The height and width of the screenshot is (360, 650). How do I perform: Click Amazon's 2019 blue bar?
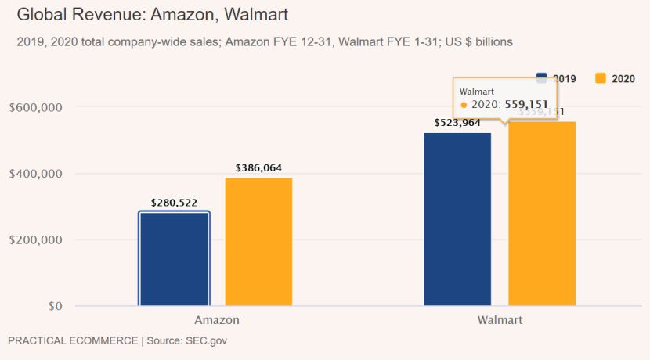coord(174,258)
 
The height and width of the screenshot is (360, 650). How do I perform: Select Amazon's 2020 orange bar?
coord(258,242)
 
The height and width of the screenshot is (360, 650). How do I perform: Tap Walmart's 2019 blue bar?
coord(457,219)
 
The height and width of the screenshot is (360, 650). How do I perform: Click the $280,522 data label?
coord(174,203)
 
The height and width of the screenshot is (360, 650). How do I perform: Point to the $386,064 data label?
coord(258,168)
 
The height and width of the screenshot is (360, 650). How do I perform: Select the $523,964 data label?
coord(457,123)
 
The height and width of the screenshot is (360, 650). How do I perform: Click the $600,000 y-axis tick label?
coord(36,107)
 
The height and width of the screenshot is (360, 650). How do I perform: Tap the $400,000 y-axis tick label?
coord(36,174)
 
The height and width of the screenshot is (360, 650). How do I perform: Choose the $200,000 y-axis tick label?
coord(36,240)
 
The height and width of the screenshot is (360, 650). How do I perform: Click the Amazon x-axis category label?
coord(217,320)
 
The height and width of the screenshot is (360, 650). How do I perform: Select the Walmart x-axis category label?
coord(500,320)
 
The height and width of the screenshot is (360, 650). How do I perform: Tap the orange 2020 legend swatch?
coord(601,78)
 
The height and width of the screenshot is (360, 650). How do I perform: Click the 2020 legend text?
coord(623,78)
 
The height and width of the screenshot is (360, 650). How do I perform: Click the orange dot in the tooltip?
coord(464,105)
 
